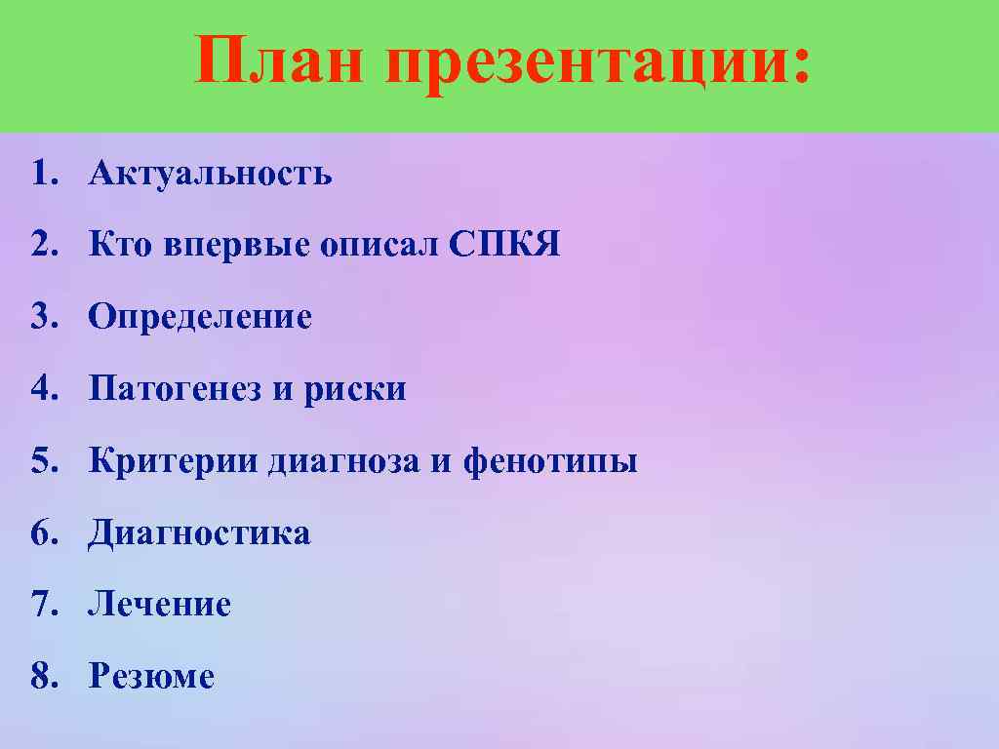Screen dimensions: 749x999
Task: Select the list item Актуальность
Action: (x=210, y=175)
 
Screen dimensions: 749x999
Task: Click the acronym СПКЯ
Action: (x=505, y=245)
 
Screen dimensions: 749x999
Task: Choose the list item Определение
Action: (x=200, y=318)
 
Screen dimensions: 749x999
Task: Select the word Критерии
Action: (x=173, y=461)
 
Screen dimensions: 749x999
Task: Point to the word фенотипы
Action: (x=550, y=462)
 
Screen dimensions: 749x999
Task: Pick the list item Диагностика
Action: (x=199, y=533)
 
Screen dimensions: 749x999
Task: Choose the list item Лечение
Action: (x=159, y=605)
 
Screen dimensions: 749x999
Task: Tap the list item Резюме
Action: (x=151, y=677)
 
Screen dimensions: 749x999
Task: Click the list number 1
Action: (x=38, y=175)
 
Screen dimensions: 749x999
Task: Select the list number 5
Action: (x=38, y=461)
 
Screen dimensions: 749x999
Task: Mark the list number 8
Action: (x=38, y=677)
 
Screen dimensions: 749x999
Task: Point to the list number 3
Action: (x=38, y=318)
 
